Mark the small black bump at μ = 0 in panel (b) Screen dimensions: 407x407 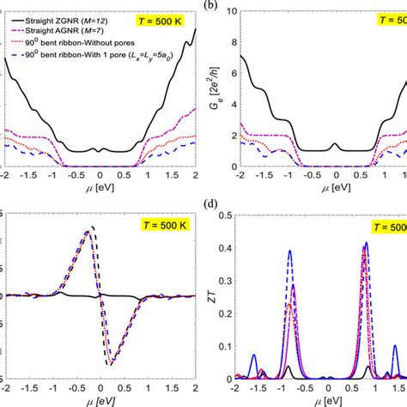point(335,145)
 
